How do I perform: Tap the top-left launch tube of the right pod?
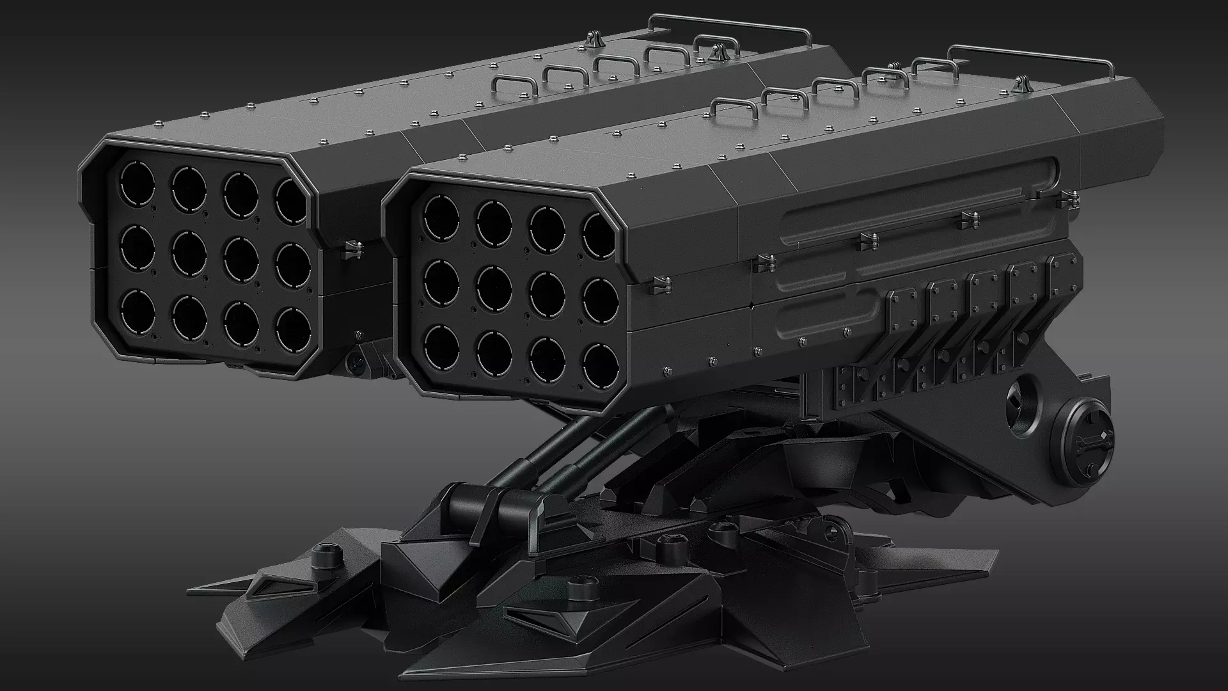point(441,214)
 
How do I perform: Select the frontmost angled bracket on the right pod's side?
point(902,314)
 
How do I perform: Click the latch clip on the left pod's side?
point(351,250)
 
